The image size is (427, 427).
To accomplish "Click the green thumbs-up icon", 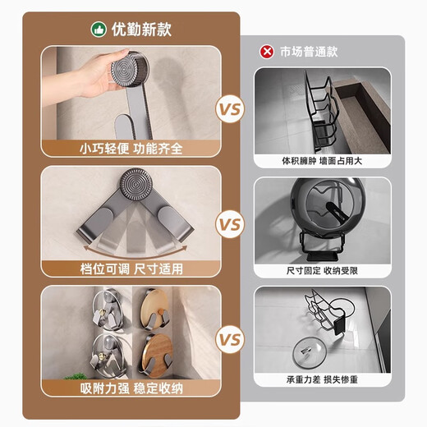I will pos(99,30).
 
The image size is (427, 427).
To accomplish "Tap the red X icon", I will pos(267,52).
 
